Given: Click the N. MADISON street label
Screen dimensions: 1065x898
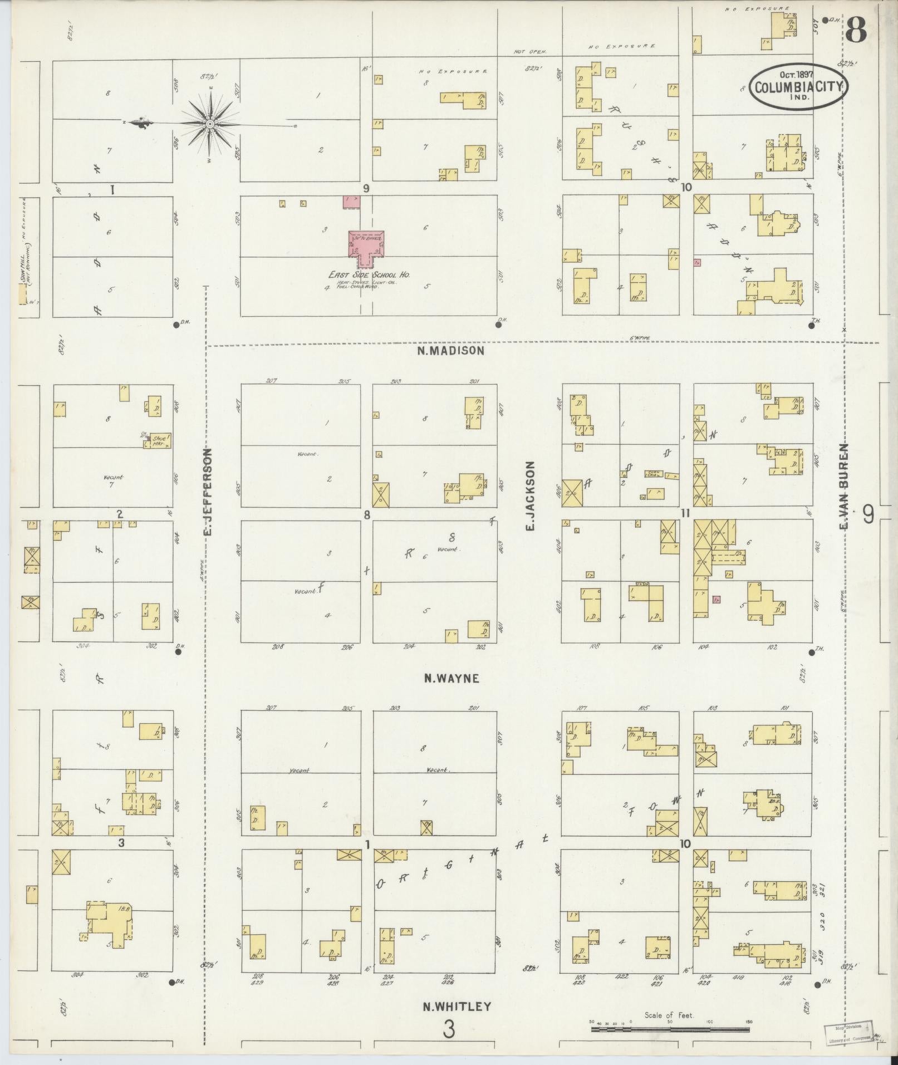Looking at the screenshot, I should pyautogui.click(x=450, y=351).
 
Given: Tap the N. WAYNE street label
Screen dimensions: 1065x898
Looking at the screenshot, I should pyautogui.click(x=451, y=678).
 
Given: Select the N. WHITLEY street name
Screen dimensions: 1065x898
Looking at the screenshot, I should pyautogui.click(x=457, y=1006).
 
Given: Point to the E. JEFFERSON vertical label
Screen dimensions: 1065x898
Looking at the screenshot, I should pyautogui.click(x=208, y=492).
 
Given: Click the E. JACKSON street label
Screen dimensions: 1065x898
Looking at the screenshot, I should pyautogui.click(x=530, y=495).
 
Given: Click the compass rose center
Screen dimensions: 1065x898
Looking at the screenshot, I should pyautogui.click(x=210, y=124).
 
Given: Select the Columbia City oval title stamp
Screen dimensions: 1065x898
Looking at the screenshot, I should pyautogui.click(x=798, y=86).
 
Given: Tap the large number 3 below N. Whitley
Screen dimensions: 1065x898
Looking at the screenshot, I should pyautogui.click(x=449, y=1029).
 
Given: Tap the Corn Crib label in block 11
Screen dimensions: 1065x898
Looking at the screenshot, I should pyautogui.click(x=652, y=474).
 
